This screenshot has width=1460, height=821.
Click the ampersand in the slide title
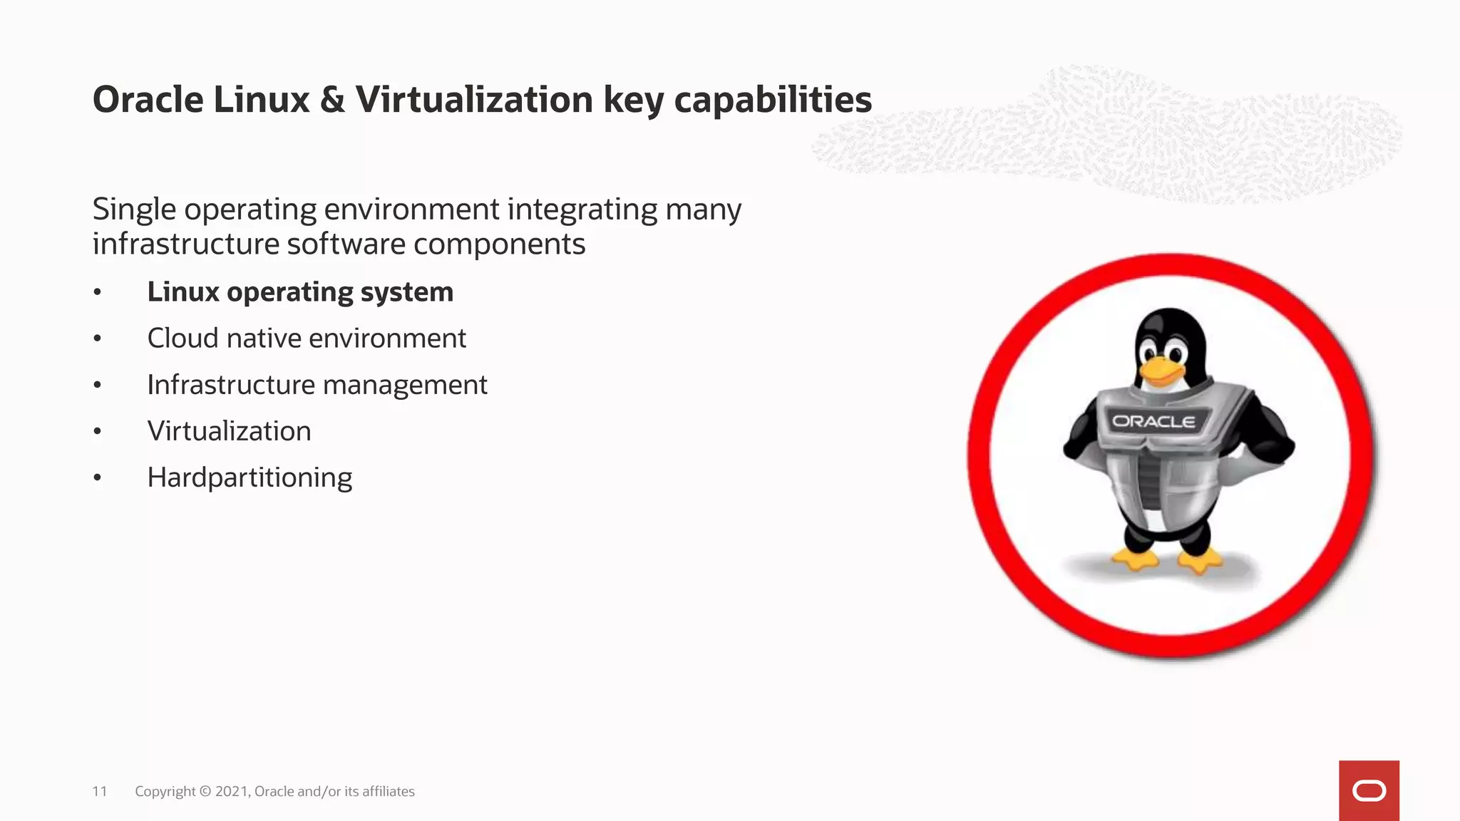pos(332,100)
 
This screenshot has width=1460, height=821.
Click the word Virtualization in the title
pos(474,100)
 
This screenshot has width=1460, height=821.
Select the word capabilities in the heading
pos(773,100)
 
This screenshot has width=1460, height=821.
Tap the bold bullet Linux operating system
pos(300,292)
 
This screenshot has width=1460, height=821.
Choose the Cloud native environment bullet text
pos(307,339)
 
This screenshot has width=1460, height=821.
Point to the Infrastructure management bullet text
pos(317,385)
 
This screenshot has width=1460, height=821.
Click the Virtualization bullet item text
pos(229,431)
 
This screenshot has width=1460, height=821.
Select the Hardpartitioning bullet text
pos(250,477)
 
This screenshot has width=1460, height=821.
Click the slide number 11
pos(100,791)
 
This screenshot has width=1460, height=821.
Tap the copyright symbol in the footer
pos(205,791)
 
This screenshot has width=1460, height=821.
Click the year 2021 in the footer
pos(232,791)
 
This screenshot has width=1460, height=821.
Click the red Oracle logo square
pos(1369,790)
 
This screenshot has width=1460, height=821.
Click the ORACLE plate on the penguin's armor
pos(1153,421)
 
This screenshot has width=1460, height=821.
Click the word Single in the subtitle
pos(134,210)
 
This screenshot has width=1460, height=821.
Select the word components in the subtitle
pos(499,244)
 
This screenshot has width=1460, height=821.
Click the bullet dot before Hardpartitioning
pos(98,477)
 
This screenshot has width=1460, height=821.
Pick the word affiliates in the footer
pos(388,791)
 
